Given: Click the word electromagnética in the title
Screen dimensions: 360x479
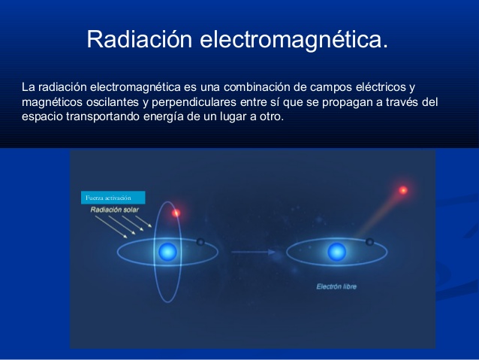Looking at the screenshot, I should coord(294,39).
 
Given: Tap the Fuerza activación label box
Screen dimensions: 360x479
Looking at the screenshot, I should coord(112,197).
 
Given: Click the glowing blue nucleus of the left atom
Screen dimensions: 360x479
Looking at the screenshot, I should coord(167,251).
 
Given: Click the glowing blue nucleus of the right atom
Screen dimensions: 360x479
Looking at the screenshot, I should coord(336,251).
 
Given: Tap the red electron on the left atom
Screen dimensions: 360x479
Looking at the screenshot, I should coord(176,213).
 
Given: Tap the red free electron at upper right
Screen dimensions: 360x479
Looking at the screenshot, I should coord(403,190).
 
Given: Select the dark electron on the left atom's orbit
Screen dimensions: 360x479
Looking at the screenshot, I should coord(200,242).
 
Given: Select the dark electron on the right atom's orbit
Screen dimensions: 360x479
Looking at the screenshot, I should coord(369,241).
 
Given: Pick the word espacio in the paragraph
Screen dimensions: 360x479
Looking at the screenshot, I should coord(41,117).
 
